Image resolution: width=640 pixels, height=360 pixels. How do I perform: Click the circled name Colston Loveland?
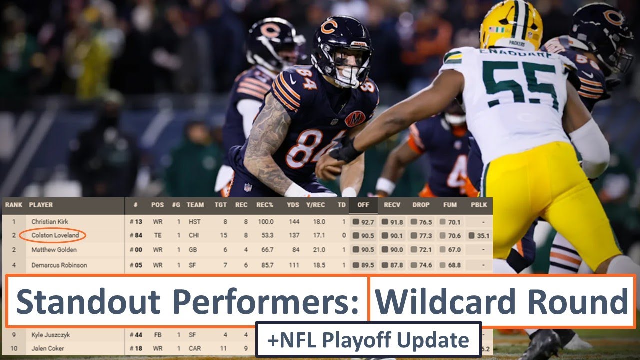(55, 235)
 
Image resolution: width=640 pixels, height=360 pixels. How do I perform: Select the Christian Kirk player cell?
(50, 221)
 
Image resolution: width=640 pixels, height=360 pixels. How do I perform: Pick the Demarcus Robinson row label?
(59, 265)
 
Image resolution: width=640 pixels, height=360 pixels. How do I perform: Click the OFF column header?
(363, 205)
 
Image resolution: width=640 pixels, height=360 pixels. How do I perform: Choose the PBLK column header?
(479, 205)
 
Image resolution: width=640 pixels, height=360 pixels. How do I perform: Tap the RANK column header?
(14, 205)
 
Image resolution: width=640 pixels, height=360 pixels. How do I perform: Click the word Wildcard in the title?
(441, 302)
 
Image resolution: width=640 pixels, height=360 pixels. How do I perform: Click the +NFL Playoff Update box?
(368, 340)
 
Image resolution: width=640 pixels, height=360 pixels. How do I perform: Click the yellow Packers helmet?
(511, 25)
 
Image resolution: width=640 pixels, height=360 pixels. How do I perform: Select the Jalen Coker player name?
(47, 348)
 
